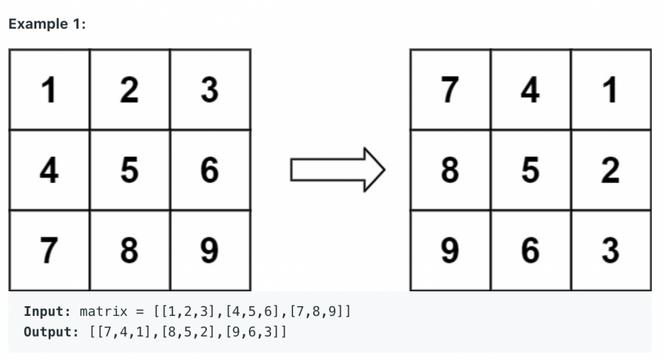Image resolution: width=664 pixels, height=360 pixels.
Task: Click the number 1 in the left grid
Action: (48, 90)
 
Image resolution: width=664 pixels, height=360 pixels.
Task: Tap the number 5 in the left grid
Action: (129, 170)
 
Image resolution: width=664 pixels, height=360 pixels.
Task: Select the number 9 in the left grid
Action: (209, 250)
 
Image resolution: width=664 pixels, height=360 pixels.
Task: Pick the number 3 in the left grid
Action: (209, 90)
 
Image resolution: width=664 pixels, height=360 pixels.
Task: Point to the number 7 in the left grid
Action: (48, 250)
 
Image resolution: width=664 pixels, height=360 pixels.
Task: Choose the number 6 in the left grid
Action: (209, 170)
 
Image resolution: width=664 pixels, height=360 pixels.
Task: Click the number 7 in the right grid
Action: (450, 90)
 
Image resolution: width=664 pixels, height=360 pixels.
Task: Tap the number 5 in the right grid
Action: (530, 170)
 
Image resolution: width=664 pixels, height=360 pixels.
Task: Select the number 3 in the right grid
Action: (610, 250)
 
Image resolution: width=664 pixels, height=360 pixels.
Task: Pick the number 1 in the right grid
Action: (610, 90)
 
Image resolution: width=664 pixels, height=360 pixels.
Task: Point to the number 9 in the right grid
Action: (450, 250)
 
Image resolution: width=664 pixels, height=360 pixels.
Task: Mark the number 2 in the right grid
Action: (610, 170)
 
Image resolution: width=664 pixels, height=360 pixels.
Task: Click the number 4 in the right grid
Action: (530, 90)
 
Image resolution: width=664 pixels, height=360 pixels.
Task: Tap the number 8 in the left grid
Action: (129, 250)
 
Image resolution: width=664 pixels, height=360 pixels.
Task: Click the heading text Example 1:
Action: (47, 24)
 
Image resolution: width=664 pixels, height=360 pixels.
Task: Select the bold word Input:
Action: (47, 311)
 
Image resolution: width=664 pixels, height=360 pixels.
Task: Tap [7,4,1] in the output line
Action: (123, 332)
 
